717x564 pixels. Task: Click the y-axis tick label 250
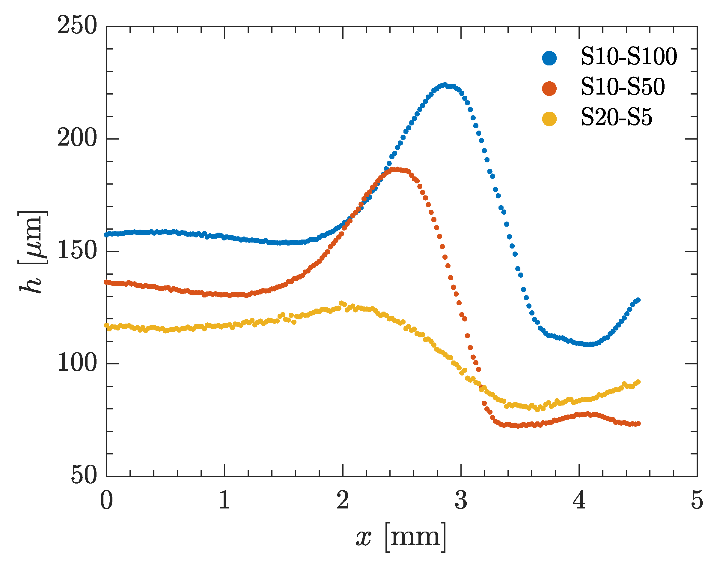pyautogui.click(x=77, y=26)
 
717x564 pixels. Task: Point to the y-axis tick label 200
pyautogui.click(x=77, y=138)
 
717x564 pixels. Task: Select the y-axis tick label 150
pyautogui.click(x=77, y=251)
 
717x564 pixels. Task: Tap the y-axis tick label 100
pyautogui.click(x=77, y=363)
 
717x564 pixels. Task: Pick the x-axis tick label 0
pyautogui.click(x=106, y=501)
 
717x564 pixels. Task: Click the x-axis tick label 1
pyautogui.click(x=225, y=501)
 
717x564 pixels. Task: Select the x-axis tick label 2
pyautogui.click(x=343, y=501)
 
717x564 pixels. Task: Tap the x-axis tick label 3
pyautogui.click(x=461, y=501)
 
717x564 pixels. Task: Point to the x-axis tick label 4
pyautogui.click(x=579, y=501)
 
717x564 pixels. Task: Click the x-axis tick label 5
pyautogui.click(x=697, y=501)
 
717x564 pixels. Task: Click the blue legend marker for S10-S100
pyautogui.click(x=549, y=58)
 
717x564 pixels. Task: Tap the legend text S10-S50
pyautogui.click(x=623, y=88)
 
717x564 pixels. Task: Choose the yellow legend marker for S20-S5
pyautogui.click(x=549, y=119)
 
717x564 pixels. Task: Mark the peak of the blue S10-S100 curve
pyautogui.click(x=445, y=85)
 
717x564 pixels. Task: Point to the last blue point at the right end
pyautogui.click(x=638, y=300)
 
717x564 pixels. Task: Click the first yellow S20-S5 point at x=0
pyautogui.click(x=106, y=325)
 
